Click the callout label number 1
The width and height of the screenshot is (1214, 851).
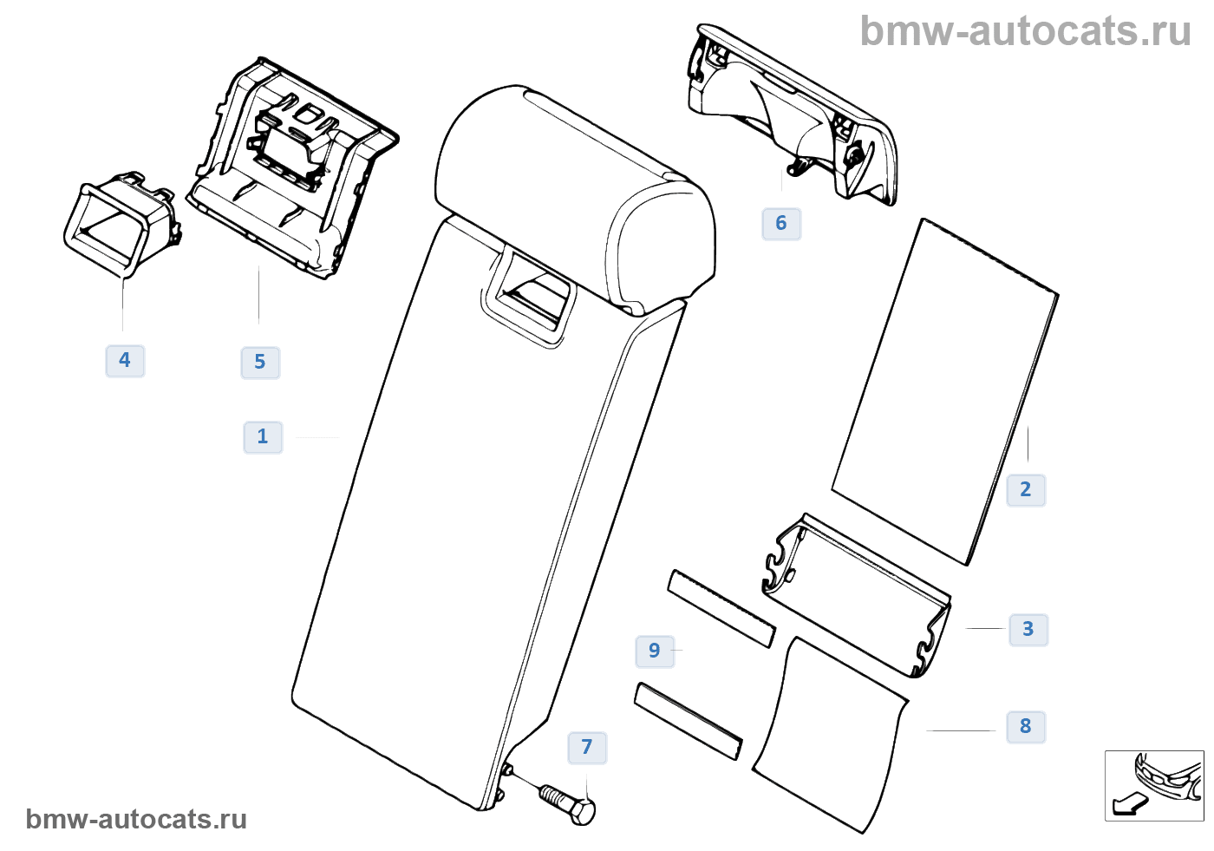tap(263, 437)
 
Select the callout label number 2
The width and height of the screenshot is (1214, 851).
tap(1026, 490)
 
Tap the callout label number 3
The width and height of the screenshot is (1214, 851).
tap(1028, 629)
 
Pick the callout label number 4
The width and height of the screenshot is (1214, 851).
tap(125, 361)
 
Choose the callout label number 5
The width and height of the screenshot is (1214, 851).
tap(260, 363)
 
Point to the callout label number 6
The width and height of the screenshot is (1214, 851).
tap(781, 224)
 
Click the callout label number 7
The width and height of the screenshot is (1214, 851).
tap(587, 748)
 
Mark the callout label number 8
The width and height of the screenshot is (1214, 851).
tap(1026, 727)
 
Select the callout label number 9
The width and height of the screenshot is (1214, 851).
tap(655, 651)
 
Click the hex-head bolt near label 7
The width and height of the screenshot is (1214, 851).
tap(569, 802)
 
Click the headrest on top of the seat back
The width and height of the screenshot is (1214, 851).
tap(572, 191)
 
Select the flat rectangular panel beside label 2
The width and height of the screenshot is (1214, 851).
tap(945, 390)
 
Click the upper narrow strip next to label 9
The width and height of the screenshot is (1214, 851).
tap(721, 608)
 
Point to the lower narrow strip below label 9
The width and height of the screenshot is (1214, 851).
tap(689, 721)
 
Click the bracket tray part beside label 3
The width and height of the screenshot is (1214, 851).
tap(858, 594)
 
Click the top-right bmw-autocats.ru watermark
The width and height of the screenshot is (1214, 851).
tap(1025, 31)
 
